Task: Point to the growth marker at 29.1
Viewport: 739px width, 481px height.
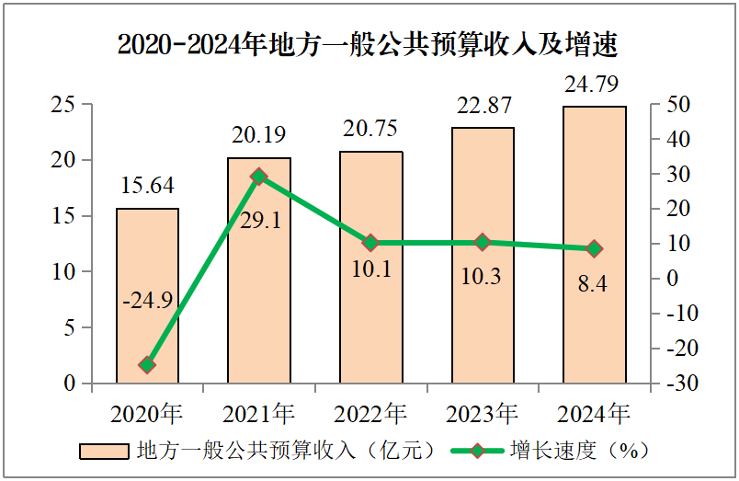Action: (x=259, y=177)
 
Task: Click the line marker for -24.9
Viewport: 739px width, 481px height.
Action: (x=147, y=365)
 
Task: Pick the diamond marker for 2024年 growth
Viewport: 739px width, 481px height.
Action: (x=594, y=248)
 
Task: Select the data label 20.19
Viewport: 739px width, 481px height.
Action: (x=258, y=135)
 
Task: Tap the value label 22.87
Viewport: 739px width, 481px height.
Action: (x=483, y=106)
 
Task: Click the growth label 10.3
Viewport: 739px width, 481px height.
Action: (x=482, y=275)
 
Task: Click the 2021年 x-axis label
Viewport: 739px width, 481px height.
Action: (x=258, y=413)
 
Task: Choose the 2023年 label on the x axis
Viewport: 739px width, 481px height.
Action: (x=482, y=413)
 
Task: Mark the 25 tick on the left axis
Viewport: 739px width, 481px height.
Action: (x=63, y=105)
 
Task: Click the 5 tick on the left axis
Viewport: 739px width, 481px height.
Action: (x=69, y=327)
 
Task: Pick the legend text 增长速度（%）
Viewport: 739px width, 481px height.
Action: (x=580, y=451)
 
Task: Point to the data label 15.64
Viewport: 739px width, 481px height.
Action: (x=147, y=186)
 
